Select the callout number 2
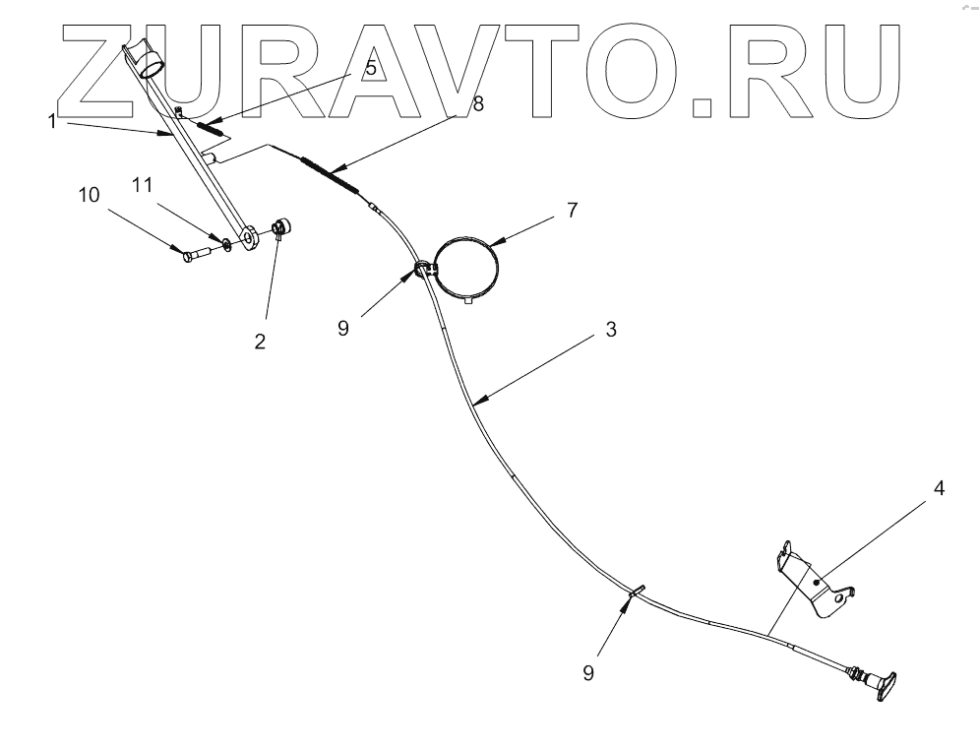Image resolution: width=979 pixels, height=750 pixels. tap(261, 343)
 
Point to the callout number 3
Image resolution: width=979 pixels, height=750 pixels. tap(611, 330)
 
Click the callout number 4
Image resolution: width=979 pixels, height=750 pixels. tap(940, 487)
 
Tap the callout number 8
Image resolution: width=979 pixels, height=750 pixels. tap(478, 103)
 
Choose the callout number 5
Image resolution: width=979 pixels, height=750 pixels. tap(370, 69)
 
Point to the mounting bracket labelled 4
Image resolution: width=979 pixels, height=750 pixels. tap(814, 585)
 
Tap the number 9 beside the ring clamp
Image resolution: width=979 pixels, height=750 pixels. tap(342, 328)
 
